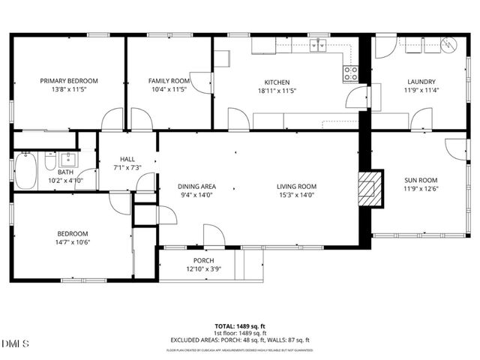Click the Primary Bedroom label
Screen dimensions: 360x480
point(69,80)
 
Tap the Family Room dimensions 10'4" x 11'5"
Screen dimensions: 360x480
point(169,89)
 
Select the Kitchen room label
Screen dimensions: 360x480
point(276,82)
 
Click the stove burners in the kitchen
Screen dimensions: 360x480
point(350,73)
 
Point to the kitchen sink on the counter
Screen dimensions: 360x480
point(320,46)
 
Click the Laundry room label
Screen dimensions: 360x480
point(421,82)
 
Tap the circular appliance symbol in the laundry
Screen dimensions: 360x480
point(448,45)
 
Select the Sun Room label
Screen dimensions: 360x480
point(421,181)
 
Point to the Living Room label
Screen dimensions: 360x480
point(296,187)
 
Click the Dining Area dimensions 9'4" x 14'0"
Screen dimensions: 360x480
point(197,195)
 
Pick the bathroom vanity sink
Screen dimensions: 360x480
point(68,160)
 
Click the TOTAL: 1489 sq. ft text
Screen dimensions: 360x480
point(239,326)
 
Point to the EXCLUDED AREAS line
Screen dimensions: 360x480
point(239,340)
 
